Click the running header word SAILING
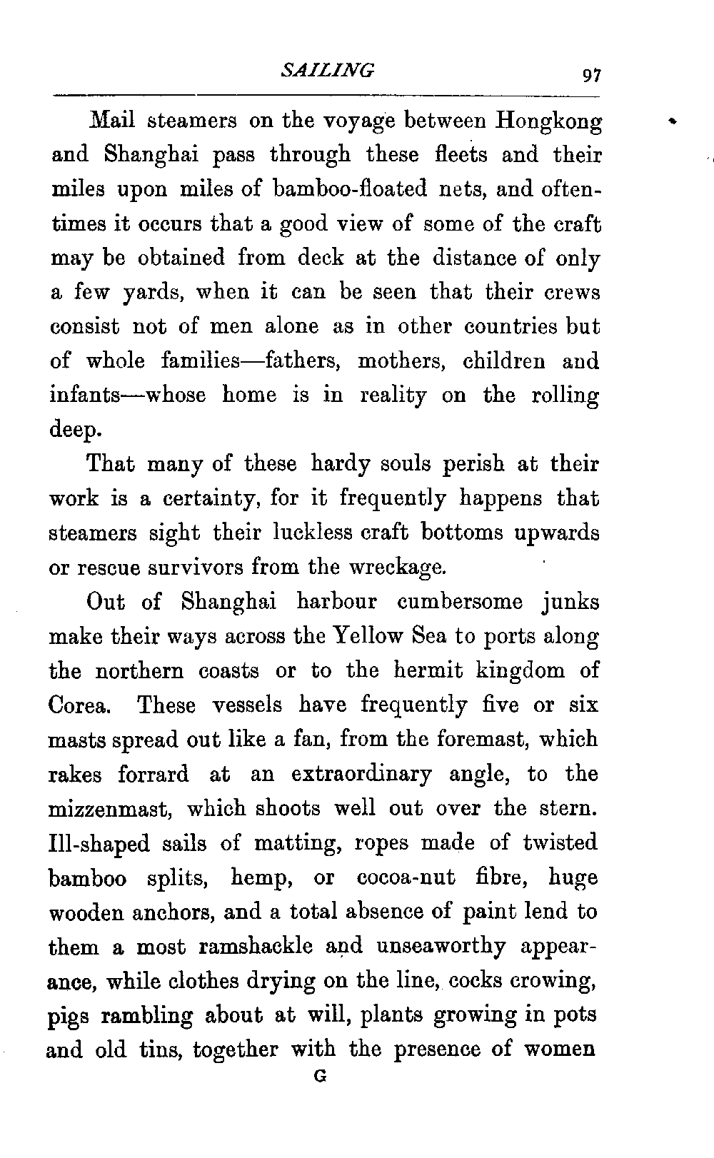(x=328, y=70)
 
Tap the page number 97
(x=592, y=74)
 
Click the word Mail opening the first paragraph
(x=111, y=120)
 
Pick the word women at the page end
(x=560, y=1050)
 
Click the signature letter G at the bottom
(x=321, y=1077)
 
